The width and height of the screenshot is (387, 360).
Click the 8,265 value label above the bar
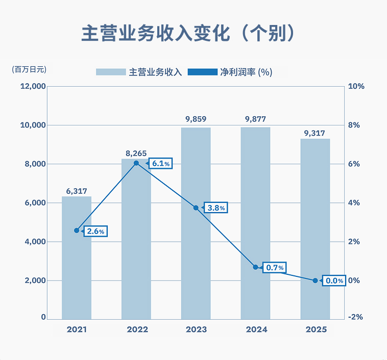[136, 152]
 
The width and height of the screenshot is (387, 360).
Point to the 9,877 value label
[255, 119]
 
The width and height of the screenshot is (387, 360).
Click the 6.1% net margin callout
[161, 163]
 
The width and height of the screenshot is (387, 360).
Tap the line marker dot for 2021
[77, 230]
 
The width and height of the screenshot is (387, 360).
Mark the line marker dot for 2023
[196, 208]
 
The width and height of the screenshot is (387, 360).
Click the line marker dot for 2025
[315, 280]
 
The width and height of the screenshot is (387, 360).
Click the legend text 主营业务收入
[156, 72]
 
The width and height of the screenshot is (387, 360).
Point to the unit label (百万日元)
[29, 69]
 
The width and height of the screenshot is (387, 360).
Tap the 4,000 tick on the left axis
[35, 242]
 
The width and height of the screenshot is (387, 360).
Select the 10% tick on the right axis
[355, 86]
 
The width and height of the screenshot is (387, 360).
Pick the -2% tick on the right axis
[355, 317]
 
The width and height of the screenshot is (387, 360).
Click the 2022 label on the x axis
[136, 329]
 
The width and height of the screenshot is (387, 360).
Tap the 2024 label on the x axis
[255, 329]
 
